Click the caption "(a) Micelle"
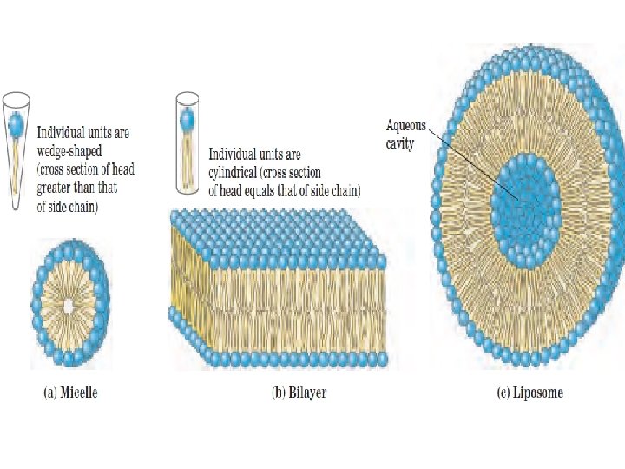click(x=70, y=393)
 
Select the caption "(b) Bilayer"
click(x=299, y=393)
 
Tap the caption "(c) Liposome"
click(x=530, y=393)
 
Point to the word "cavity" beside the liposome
click(x=400, y=143)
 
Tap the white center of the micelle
click(x=69, y=305)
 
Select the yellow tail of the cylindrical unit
click(x=187, y=157)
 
